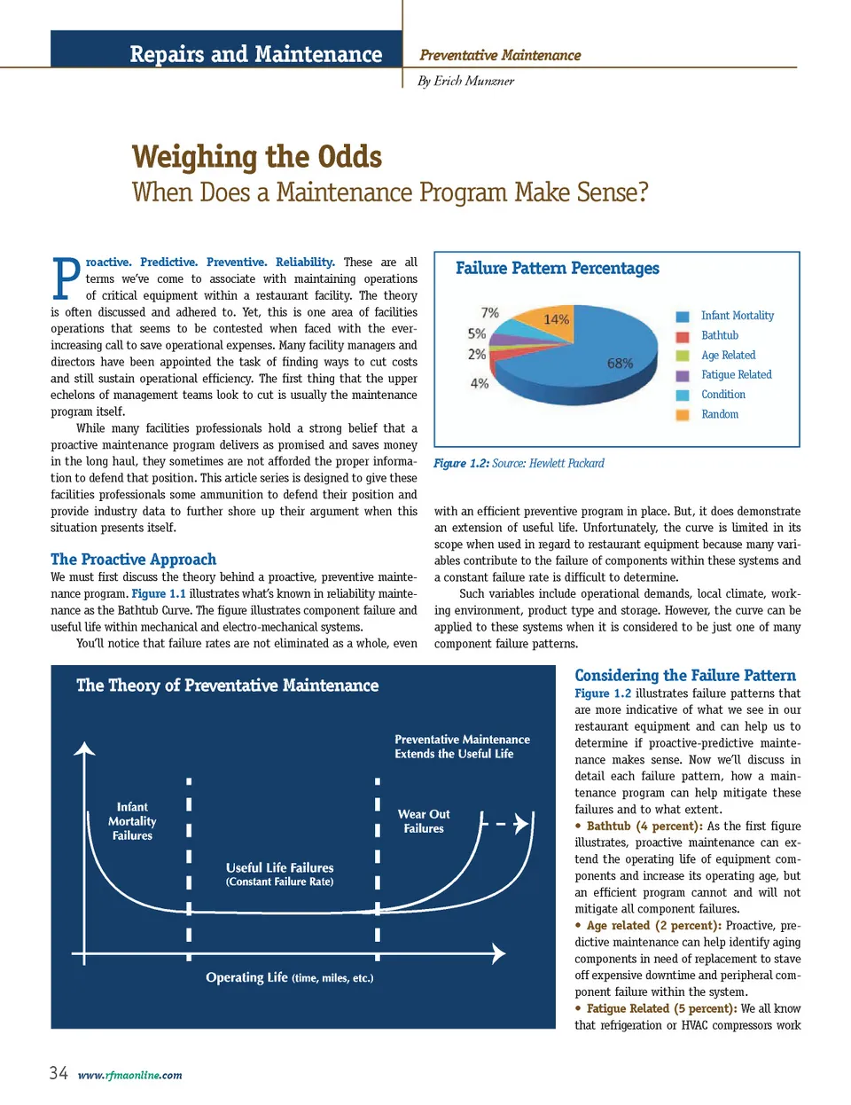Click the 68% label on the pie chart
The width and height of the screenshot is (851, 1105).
pyautogui.click(x=620, y=364)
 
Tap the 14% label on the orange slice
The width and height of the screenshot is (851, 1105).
pyautogui.click(x=556, y=319)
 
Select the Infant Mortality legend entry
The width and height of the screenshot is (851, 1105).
pyautogui.click(x=737, y=316)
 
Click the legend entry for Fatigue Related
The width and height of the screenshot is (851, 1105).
pyautogui.click(x=736, y=375)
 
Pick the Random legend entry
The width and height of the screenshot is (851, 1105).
pyautogui.click(x=719, y=414)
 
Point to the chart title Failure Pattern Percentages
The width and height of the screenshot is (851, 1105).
pyautogui.click(x=558, y=269)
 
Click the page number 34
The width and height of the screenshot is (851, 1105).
pyautogui.click(x=59, y=1073)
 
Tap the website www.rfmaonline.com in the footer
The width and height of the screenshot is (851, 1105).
pyautogui.click(x=129, y=1076)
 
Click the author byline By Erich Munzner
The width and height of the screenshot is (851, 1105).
pyautogui.click(x=465, y=81)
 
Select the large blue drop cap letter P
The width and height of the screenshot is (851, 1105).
pyautogui.click(x=66, y=278)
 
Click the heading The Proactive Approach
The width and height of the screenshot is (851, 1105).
pyautogui.click(x=133, y=560)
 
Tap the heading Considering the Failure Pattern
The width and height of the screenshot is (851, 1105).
pyautogui.click(x=685, y=676)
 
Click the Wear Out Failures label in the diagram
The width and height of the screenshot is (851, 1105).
pyautogui.click(x=424, y=821)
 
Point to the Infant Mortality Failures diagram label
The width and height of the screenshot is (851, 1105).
pyautogui.click(x=132, y=821)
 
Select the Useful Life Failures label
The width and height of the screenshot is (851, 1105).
pyautogui.click(x=279, y=868)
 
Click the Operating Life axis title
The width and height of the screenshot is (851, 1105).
pyautogui.click(x=289, y=977)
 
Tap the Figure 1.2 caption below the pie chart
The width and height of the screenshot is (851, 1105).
pyautogui.click(x=519, y=464)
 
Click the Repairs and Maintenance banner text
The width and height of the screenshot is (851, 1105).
pyautogui.click(x=255, y=54)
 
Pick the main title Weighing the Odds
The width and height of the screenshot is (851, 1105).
pyautogui.click(x=257, y=157)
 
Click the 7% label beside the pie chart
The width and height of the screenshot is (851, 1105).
pyautogui.click(x=489, y=313)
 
